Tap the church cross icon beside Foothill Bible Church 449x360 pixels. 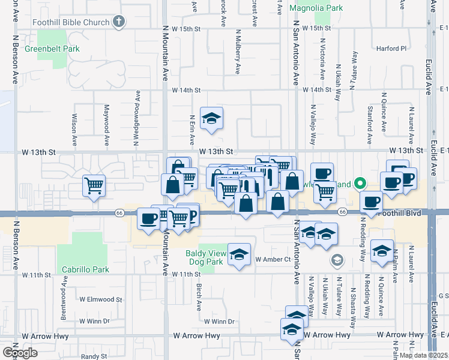tap(119, 22)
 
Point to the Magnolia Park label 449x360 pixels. tap(316, 8)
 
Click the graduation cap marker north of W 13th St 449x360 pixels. tap(211, 119)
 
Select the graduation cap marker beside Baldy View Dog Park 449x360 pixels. tap(239, 254)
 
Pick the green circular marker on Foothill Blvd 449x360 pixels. tap(360, 183)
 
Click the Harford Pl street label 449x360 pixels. tap(391, 48)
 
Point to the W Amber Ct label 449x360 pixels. tap(273, 259)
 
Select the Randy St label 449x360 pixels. tap(94, 356)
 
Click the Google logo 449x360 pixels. tap(20, 353)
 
